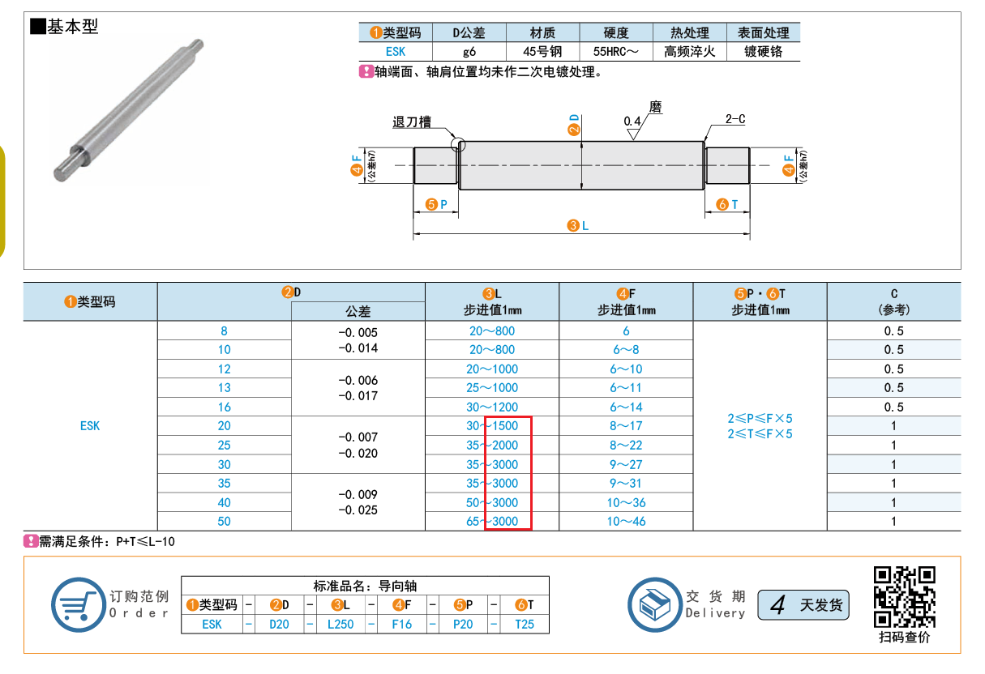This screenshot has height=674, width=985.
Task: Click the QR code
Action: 904,597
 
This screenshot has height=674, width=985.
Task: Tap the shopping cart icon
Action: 79,604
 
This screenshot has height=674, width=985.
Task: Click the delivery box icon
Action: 655,604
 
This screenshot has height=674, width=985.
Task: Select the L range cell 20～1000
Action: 492,369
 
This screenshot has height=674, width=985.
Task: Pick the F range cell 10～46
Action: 626,522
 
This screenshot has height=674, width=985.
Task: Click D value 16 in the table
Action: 225,407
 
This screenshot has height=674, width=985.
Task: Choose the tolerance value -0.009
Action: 358,495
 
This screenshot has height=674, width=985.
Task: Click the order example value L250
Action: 340,625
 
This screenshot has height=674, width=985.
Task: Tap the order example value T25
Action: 525,625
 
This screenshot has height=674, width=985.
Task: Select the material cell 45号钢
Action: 542,52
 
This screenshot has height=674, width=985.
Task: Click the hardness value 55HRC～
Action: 615,52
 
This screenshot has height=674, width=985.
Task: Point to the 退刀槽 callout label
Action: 412,122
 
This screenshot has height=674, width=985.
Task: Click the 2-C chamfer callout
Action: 735,119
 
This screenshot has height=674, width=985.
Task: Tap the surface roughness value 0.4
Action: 632,122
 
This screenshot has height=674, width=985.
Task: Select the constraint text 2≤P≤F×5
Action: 760,418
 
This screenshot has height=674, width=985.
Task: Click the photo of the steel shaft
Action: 128,110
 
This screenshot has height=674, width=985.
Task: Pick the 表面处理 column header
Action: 764,33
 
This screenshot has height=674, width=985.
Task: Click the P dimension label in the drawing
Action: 443,204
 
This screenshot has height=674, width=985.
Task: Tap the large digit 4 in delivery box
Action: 777,605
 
